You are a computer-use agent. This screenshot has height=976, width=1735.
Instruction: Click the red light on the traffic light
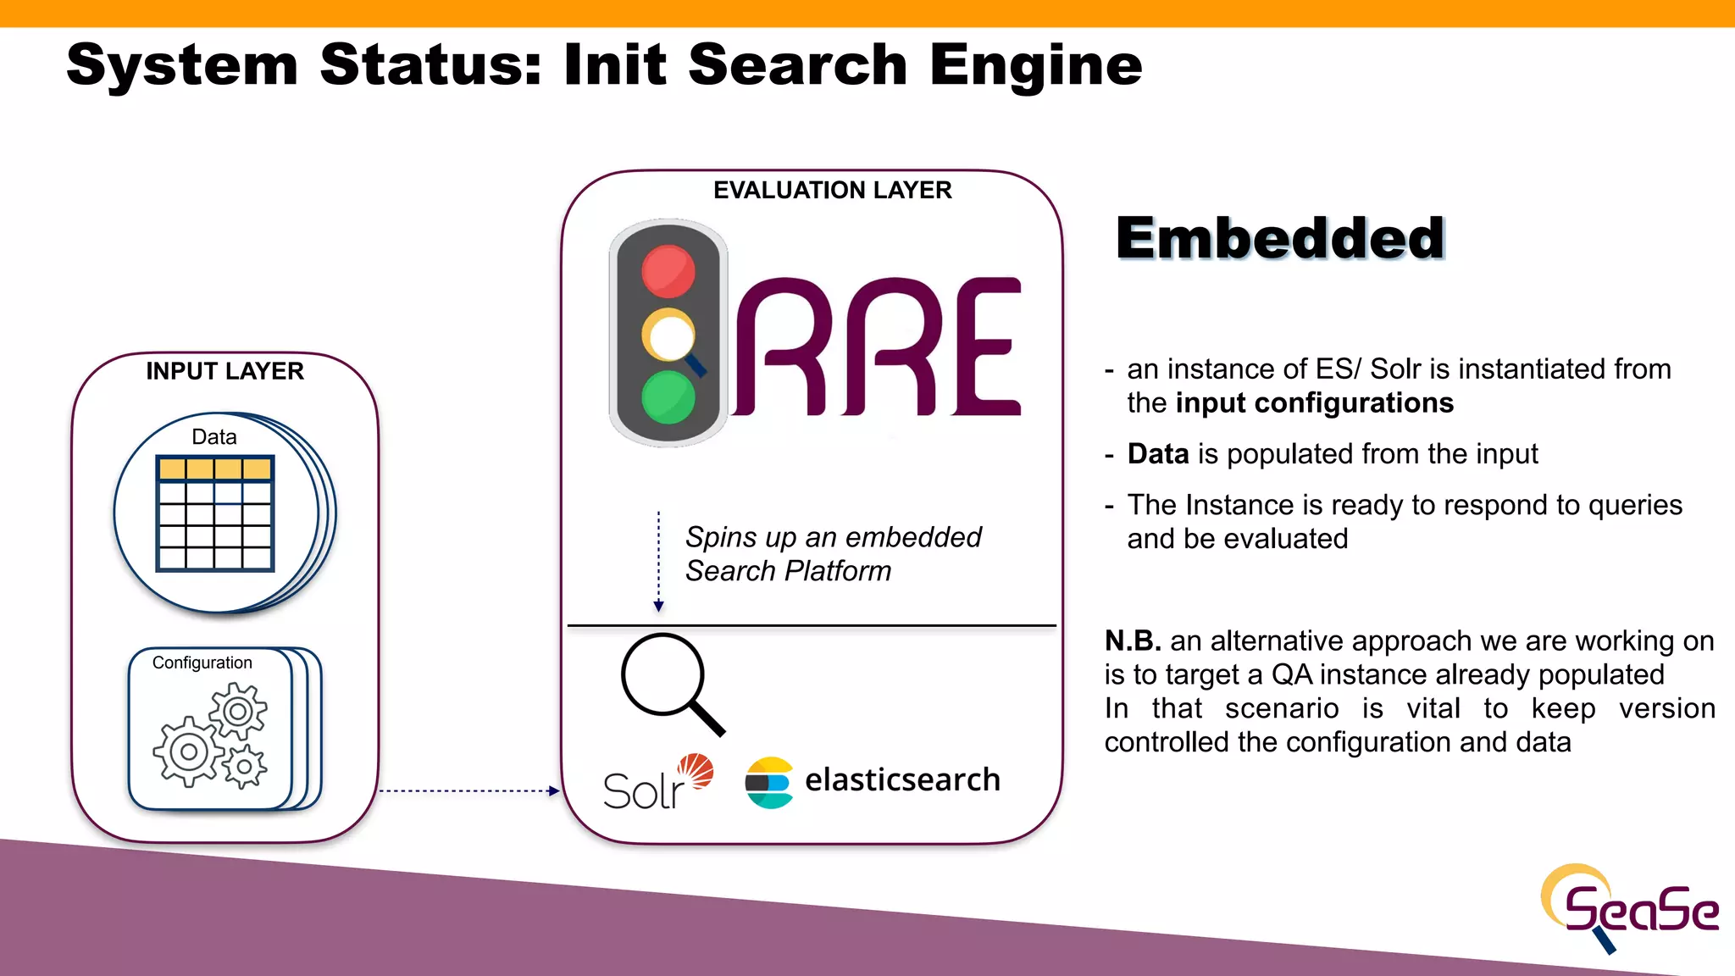pyautogui.click(x=668, y=271)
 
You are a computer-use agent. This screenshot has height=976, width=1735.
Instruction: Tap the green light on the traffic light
pyautogui.click(x=668, y=396)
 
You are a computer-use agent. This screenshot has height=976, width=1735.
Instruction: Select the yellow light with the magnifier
pyautogui.click(x=668, y=335)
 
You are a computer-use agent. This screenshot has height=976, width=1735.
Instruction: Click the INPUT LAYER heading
pyautogui.click(x=224, y=371)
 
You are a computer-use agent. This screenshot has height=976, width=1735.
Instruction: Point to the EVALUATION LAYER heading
pyautogui.click(x=832, y=190)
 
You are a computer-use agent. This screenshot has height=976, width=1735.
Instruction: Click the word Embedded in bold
pyautogui.click(x=1280, y=238)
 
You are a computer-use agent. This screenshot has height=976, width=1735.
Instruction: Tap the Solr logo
pyautogui.click(x=657, y=783)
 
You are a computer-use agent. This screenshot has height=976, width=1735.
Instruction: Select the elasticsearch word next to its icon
pyautogui.click(x=902, y=779)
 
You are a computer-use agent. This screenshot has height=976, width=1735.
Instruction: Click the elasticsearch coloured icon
pyautogui.click(x=768, y=782)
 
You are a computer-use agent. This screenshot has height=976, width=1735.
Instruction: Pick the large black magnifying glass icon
pyautogui.click(x=672, y=683)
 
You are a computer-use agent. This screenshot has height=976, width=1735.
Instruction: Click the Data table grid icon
pyautogui.click(x=215, y=513)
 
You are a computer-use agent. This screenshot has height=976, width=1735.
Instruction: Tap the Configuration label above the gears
pyautogui.click(x=202, y=663)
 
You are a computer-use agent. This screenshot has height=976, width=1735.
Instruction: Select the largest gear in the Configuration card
pyautogui.click(x=189, y=751)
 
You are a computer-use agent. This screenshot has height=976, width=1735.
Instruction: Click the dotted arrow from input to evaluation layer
pyautogui.click(x=468, y=790)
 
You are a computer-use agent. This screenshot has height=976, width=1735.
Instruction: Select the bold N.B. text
pyautogui.click(x=1132, y=640)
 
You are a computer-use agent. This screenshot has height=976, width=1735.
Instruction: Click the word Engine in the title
pyautogui.click(x=1035, y=66)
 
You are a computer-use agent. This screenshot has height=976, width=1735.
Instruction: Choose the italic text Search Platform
pyautogui.click(x=788, y=571)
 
